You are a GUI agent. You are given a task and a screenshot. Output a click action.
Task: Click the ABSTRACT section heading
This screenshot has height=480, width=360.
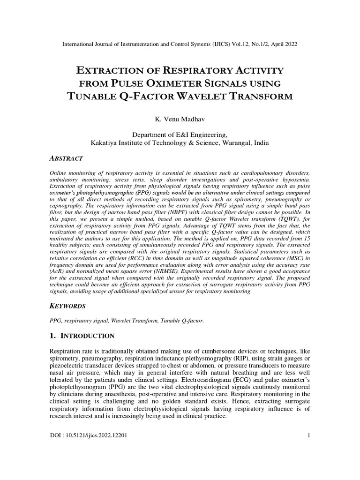66,159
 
